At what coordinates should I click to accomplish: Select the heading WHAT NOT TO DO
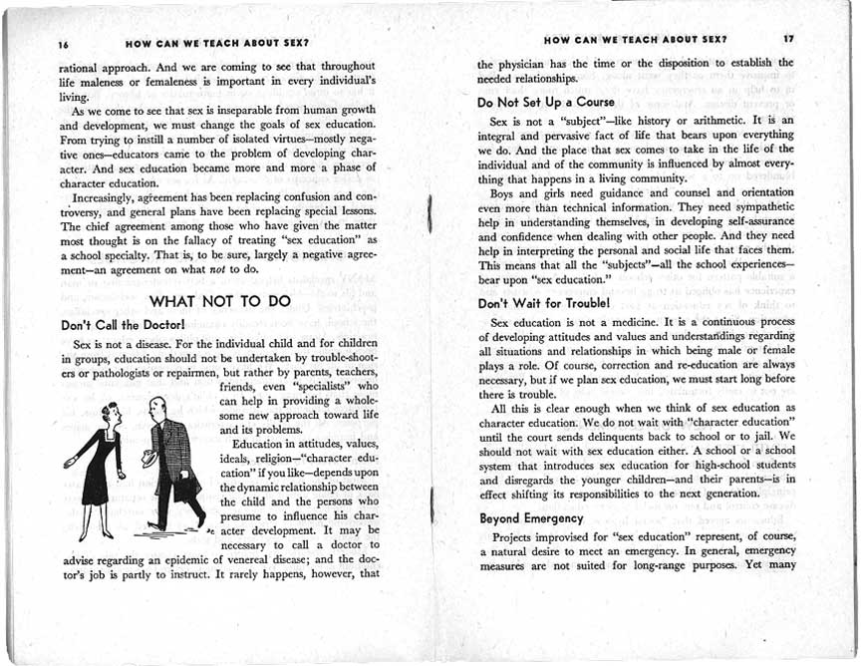[x=219, y=299]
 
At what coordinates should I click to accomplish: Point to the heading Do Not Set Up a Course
[x=546, y=102]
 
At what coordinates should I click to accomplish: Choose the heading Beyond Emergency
[x=531, y=518]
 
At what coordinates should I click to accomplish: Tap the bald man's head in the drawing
[x=156, y=407]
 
